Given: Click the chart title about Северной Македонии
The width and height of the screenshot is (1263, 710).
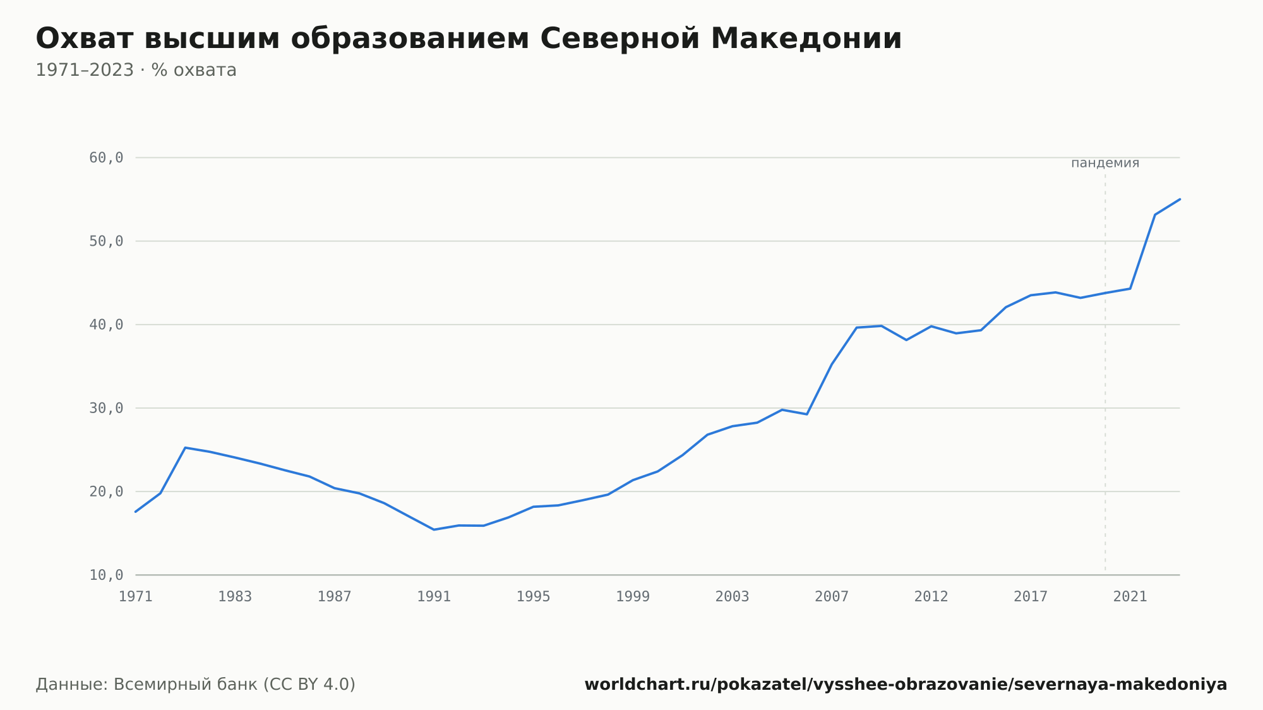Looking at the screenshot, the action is [x=469, y=39].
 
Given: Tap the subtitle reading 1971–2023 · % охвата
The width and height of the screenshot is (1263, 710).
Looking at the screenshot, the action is [x=136, y=70].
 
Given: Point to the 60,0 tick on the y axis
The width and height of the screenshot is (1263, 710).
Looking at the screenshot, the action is [x=106, y=158].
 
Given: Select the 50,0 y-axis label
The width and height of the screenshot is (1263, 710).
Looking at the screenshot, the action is [x=106, y=241].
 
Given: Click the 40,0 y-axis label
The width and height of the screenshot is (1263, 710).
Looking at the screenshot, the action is [x=106, y=325].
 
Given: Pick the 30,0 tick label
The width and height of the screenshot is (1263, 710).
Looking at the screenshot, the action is [x=106, y=408].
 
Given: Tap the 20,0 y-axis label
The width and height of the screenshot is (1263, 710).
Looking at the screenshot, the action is [x=106, y=491].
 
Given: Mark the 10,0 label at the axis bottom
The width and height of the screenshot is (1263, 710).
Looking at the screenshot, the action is [x=106, y=575].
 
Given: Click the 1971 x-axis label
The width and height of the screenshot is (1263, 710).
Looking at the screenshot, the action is [x=136, y=597].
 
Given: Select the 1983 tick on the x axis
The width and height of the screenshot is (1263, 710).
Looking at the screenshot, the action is [x=235, y=597].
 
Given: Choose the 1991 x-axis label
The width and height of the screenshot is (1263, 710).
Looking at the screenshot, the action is [x=434, y=597].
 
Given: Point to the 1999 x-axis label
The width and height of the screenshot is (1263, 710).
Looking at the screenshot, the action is [x=633, y=597].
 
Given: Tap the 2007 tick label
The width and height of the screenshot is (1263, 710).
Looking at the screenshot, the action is [x=832, y=597].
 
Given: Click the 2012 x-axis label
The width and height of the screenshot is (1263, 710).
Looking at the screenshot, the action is [x=931, y=597].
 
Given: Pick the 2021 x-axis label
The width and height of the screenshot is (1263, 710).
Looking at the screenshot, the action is [x=1130, y=597].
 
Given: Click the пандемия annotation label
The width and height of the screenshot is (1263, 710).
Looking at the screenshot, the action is [x=1105, y=163].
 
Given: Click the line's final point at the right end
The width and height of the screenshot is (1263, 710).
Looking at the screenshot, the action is [x=1180, y=199].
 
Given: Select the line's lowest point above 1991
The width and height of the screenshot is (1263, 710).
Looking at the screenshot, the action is [x=434, y=529].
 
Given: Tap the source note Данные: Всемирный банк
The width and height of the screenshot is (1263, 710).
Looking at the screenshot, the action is [x=196, y=685].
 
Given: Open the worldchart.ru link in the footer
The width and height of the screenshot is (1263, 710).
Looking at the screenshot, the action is [x=906, y=685].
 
